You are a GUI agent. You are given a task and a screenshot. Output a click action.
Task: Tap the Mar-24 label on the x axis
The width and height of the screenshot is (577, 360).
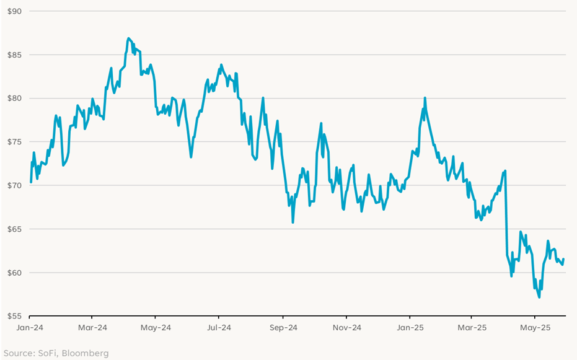pos(94,327)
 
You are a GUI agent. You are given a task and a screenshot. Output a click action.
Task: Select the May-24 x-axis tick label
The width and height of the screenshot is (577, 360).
pos(156,327)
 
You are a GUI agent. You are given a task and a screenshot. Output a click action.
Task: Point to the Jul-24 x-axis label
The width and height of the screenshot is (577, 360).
pos(219,327)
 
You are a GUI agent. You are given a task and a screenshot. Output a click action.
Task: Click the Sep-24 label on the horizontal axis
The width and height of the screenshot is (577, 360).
pos(283,327)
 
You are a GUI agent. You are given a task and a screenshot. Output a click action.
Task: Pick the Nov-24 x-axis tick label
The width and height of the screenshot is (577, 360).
pos(346,327)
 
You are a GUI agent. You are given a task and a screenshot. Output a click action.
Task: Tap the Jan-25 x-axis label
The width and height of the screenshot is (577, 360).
pos(410,327)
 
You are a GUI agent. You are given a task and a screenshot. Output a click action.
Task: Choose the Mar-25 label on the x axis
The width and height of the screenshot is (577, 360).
pos(472,327)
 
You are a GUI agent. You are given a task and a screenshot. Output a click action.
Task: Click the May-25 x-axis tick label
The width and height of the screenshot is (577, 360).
pos(536,327)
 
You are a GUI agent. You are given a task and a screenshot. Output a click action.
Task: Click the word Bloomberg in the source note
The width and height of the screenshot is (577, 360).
pos(84,353)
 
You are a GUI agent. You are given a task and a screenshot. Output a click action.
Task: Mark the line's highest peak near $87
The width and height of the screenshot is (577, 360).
pos(128,38)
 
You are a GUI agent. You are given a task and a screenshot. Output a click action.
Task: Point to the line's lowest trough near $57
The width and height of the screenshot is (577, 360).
pos(539,297)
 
